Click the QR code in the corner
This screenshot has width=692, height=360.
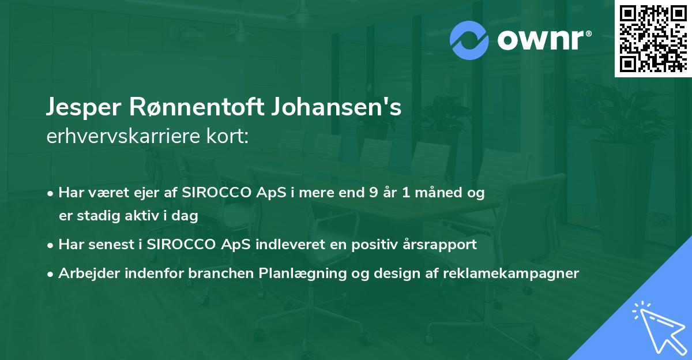(653, 39)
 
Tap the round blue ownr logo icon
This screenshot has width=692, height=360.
(468, 40)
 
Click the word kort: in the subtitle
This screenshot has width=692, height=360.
(230, 137)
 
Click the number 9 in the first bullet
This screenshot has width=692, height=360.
(374, 193)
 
